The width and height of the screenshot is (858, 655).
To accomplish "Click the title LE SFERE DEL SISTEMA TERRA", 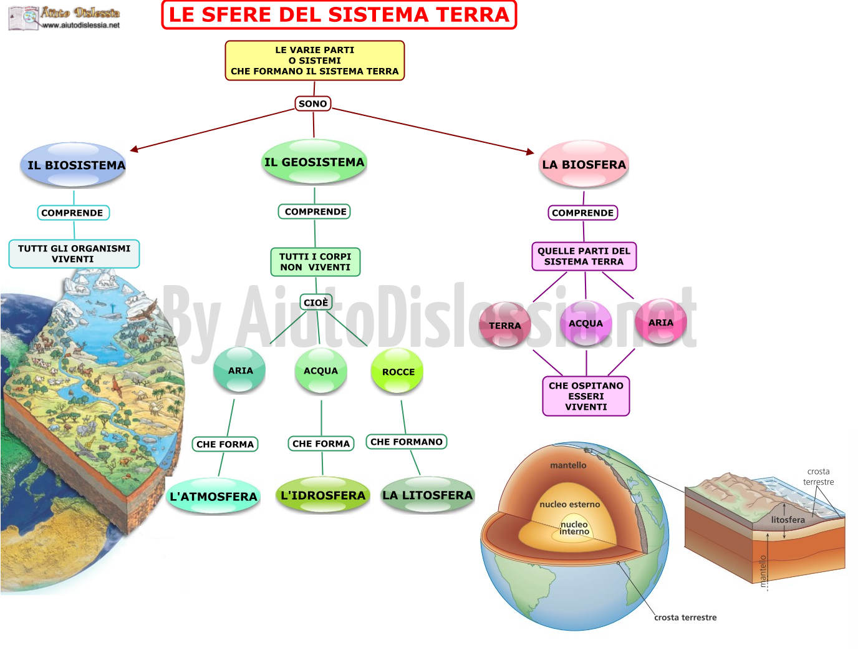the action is [339, 15].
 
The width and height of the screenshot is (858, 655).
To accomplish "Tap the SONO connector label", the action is [313, 104].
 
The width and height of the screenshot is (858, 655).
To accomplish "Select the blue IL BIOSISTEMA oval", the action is [74, 165].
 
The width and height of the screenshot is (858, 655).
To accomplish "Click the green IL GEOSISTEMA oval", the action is [314, 162].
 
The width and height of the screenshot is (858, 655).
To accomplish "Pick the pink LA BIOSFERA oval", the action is [584, 164].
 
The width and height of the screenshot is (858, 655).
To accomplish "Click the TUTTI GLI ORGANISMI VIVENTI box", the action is [74, 254].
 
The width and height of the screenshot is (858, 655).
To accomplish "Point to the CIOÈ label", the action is [316, 303].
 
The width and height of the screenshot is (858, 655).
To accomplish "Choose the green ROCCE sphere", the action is [397, 371].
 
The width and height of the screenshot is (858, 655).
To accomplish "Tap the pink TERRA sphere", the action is [504, 324].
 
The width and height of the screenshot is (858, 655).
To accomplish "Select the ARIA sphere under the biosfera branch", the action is [660, 323].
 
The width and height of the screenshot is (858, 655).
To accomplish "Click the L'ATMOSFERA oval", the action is [213, 496].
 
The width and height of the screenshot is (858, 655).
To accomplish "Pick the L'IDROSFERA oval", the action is [322, 495].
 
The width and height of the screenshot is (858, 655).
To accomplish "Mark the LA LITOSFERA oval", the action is [428, 495].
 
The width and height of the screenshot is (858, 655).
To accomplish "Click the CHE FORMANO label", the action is [407, 442].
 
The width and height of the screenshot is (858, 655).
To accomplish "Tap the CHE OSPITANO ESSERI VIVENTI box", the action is [586, 396].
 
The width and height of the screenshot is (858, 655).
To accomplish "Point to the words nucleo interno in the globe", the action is [574, 528].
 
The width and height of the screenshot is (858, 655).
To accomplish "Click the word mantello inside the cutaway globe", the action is [568, 465].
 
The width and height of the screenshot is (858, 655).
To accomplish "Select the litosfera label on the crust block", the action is [788, 520].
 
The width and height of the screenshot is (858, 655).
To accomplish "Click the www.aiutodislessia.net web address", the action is [81, 26].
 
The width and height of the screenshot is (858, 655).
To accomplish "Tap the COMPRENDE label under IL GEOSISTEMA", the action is [314, 211].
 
